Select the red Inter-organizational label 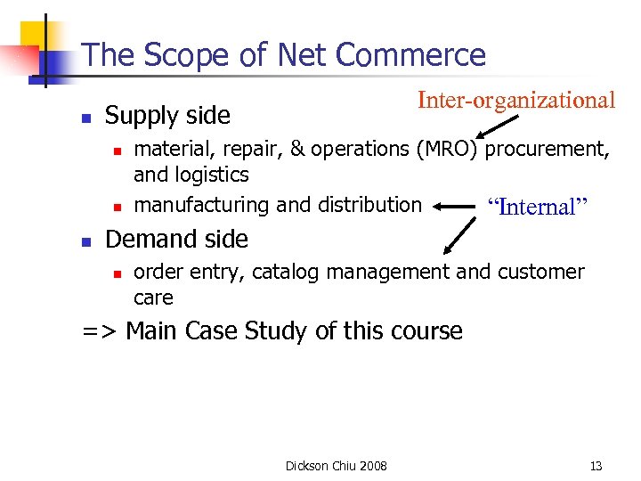point(516,100)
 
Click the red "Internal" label point(538,208)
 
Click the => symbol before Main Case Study point(100,331)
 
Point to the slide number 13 point(596,466)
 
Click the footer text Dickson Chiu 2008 point(336,466)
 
